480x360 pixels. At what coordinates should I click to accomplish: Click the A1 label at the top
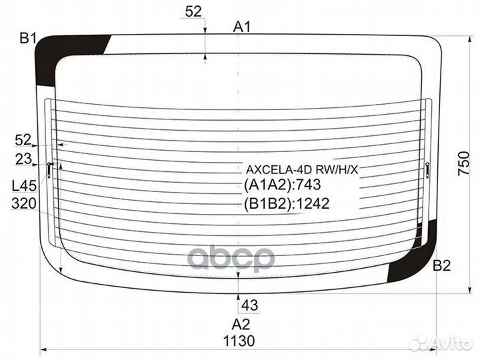[241, 27]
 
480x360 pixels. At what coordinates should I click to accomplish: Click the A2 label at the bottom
[241, 325]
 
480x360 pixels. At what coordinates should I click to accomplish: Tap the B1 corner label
[27, 39]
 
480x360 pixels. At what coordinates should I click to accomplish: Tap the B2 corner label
[441, 266]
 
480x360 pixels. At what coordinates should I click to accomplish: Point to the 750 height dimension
[465, 163]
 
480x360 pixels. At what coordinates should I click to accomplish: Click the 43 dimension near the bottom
[249, 305]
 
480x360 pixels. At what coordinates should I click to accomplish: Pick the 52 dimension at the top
[193, 11]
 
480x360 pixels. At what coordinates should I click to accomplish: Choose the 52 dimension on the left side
[23, 139]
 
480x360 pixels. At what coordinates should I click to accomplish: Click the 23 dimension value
[23, 159]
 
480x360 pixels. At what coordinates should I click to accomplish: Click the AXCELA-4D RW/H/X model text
[302, 169]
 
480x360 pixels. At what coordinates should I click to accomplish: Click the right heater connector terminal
[427, 170]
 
